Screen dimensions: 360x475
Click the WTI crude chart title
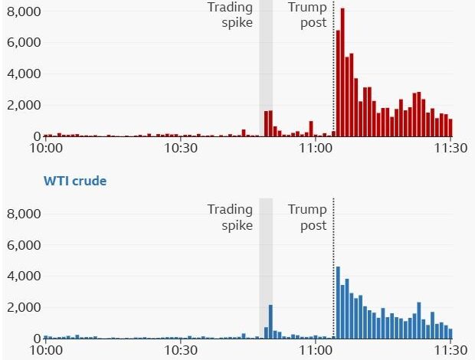tap(74, 182)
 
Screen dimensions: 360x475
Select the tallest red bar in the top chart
tap(342, 73)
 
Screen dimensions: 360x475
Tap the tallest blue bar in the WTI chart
tap(338, 303)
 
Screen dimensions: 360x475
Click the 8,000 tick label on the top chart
tap(22, 12)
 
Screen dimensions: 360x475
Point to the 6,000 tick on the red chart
tap(22, 43)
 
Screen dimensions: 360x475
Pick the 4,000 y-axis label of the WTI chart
tap(22, 276)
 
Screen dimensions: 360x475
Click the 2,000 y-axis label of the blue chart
tap(22, 307)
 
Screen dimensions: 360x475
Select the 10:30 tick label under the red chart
tap(181, 149)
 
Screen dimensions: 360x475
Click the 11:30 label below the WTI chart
tap(450, 351)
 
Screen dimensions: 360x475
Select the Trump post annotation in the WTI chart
tap(307, 218)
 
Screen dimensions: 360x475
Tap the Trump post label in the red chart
tap(307, 15)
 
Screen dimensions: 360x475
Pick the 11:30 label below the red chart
tap(450, 149)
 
